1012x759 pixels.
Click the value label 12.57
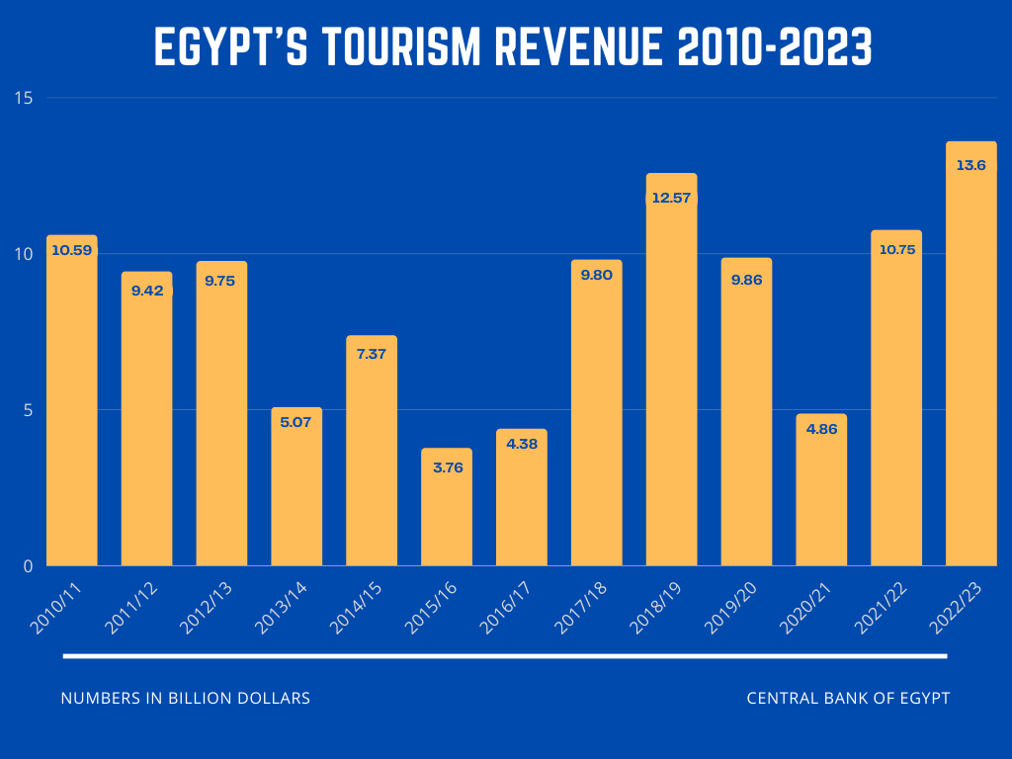[x=671, y=199]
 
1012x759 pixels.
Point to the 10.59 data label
[x=71, y=250]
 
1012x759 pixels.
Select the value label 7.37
[x=372, y=354]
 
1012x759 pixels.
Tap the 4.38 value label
[x=522, y=444]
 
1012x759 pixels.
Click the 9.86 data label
[x=746, y=280]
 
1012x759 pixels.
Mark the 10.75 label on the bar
[x=896, y=249]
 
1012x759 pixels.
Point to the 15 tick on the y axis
[x=24, y=98]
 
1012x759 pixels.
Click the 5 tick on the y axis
[x=29, y=409]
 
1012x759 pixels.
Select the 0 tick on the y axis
[x=28, y=565]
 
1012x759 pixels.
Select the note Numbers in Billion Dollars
[x=186, y=698]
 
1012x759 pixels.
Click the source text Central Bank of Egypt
[x=848, y=698]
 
